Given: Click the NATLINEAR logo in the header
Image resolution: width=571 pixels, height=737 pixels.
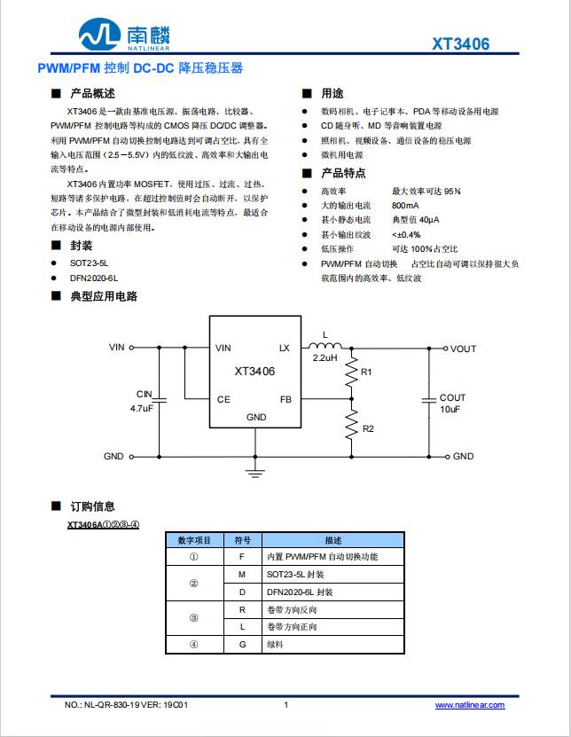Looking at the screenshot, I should [x=123, y=36].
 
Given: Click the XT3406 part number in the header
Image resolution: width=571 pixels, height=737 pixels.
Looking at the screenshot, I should [x=460, y=44].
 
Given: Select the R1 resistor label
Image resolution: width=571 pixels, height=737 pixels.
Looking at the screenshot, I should [x=367, y=372].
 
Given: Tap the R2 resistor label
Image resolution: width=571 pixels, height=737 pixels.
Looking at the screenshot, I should [x=368, y=428].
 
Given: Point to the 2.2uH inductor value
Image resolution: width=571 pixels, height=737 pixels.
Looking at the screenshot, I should [x=325, y=358].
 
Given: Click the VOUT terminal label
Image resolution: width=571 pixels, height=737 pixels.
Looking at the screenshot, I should [x=463, y=349].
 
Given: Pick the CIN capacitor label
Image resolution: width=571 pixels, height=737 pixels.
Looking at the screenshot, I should [x=144, y=394].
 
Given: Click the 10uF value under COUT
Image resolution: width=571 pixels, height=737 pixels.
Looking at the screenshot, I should [x=450, y=410].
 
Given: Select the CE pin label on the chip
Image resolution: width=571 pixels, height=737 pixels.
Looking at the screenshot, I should [x=223, y=400].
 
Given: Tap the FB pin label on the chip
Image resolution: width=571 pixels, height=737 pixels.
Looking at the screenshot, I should [x=285, y=400].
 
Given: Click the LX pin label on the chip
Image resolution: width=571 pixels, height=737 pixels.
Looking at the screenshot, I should [x=285, y=349].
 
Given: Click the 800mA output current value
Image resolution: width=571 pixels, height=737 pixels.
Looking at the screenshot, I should [x=406, y=205].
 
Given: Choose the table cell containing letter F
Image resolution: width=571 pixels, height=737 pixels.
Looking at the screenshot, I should [x=241, y=556].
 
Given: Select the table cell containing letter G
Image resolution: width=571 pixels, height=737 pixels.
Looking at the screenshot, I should [x=241, y=645].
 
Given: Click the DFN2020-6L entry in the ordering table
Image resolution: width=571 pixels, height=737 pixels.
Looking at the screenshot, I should [x=300, y=592].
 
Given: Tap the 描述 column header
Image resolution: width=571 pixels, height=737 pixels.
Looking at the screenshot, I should [x=332, y=539].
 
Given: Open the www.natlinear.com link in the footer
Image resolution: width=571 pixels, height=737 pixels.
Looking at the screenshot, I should [x=469, y=705].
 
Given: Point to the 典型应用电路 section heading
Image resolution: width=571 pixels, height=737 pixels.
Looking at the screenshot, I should [x=104, y=296].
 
